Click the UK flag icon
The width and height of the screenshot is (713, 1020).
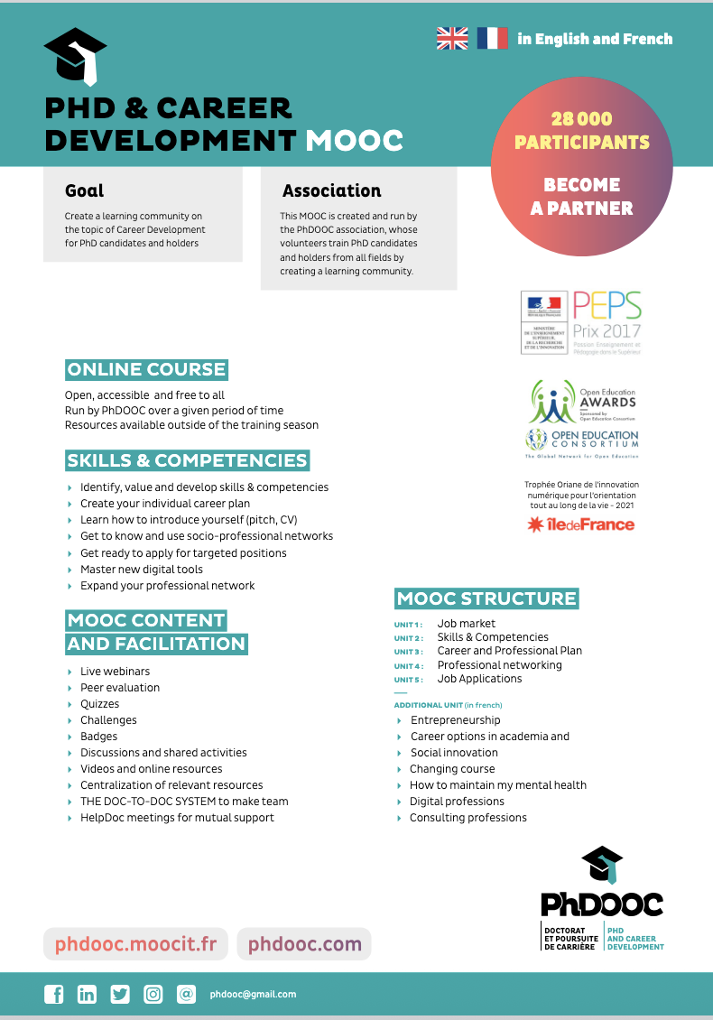coord(452,38)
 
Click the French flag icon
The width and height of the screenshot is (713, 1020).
coord(493,38)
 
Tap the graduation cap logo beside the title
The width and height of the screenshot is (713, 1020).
coord(76,56)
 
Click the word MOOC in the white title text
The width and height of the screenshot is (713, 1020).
coord(354,141)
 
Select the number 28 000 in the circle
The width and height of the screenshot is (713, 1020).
coord(581,118)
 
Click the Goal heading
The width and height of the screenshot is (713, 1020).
coord(84,190)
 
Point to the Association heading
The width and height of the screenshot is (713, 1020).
coord(331,190)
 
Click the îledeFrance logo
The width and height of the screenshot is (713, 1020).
coord(581,524)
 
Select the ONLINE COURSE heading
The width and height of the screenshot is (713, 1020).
coord(146,369)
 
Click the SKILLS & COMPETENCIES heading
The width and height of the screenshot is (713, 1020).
coord(187,460)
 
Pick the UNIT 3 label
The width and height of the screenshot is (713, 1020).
coord(408,652)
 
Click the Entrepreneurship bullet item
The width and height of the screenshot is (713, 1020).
coord(455,720)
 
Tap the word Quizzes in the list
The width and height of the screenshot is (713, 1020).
coord(99,704)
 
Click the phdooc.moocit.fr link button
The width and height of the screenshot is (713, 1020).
coord(135,944)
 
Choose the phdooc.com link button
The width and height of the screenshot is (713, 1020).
coord(304,944)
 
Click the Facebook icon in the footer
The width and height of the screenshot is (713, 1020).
coord(54,994)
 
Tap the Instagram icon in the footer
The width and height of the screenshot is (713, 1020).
coord(153,994)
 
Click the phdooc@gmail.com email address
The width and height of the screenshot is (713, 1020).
coord(253,994)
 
